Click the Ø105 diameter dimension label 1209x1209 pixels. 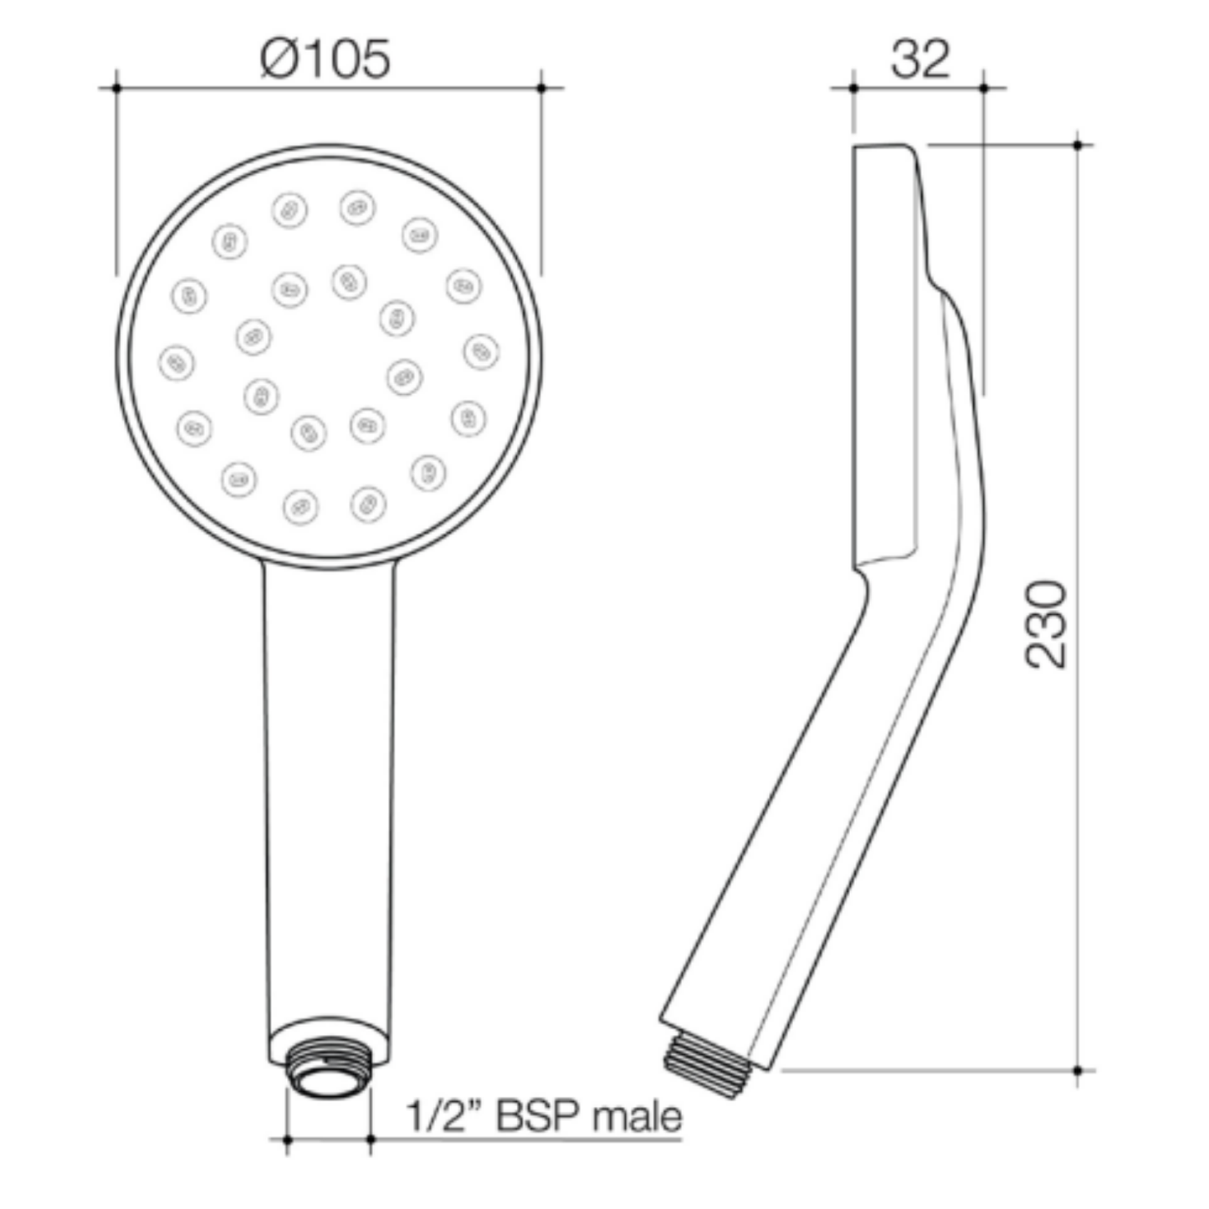tap(325, 59)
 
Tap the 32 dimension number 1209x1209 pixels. tap(920, 59)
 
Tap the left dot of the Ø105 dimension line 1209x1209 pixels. tap(116, 88)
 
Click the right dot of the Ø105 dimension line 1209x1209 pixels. tap(541, 88)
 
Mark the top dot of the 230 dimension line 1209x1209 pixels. tap(1078, 145)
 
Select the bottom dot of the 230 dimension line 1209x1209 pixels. tap(1078, 1070)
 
